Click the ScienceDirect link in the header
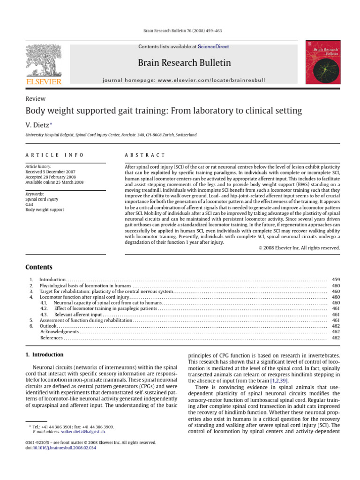tap(213, 47)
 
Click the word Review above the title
tap(35, 98)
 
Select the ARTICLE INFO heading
tap(54, 155)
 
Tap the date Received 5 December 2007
tap(54, 172)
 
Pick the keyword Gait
tap(30, 204)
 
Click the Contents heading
tap(38, 267)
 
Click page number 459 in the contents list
tap(336, 279)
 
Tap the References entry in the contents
tap(52, 337)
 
